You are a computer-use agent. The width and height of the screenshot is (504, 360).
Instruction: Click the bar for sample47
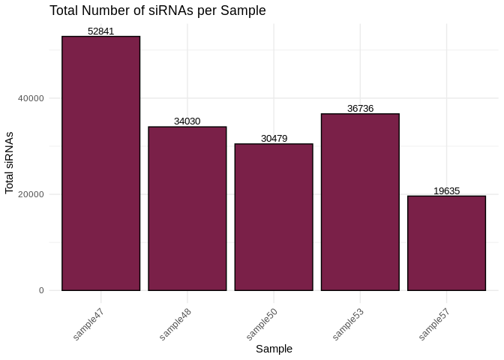[x=100, y=163]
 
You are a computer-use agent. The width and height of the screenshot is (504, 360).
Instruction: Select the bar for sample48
[x=187, y=208]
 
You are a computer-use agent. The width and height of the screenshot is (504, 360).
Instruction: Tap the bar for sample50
[x=274, y=217]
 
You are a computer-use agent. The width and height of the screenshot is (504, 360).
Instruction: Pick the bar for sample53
[x=360, y=202]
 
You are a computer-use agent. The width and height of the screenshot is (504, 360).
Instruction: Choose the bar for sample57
[x=446, y=243]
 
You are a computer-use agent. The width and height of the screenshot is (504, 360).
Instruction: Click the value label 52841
[x=100, y=31]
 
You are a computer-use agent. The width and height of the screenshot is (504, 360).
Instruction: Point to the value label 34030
[x=187, y=121]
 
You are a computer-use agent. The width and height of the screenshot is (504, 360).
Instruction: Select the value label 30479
[x=274, y=139]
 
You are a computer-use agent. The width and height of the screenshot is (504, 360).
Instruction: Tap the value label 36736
[x=360, y=109]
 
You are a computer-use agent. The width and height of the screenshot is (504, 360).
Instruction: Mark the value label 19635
[x=446, y=191]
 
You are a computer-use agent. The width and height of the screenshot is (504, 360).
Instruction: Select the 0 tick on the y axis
[x=42, y=290]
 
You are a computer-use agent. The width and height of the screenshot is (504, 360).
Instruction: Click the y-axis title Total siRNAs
[x=10, y=163]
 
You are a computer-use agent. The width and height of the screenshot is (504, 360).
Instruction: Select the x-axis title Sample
[x=274, y=349]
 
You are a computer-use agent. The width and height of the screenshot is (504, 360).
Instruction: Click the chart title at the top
[x=157, y=10]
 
